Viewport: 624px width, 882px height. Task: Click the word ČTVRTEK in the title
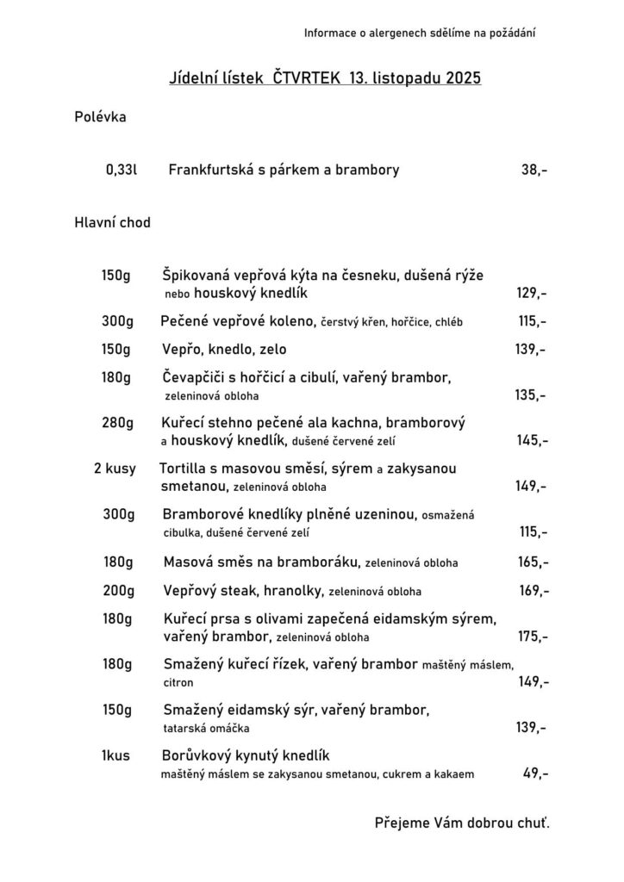306,78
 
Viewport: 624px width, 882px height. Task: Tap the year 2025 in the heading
463,78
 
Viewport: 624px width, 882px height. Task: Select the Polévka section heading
100,117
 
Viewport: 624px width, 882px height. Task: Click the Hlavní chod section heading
113,222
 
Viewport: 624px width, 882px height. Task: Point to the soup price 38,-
534,170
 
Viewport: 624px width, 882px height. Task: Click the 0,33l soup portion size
122,170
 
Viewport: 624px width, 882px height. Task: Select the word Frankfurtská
211,170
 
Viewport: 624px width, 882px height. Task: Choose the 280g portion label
117,423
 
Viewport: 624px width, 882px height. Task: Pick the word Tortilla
185,469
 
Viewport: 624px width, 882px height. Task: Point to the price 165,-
533,562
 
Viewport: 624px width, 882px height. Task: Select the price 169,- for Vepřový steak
533,592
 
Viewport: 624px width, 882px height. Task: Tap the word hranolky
292,592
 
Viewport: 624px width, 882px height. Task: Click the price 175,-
533,637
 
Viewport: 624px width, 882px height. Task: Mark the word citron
178,682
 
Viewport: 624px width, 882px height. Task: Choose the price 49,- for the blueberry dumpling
535,773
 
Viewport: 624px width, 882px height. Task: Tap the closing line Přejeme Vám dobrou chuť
461,823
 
